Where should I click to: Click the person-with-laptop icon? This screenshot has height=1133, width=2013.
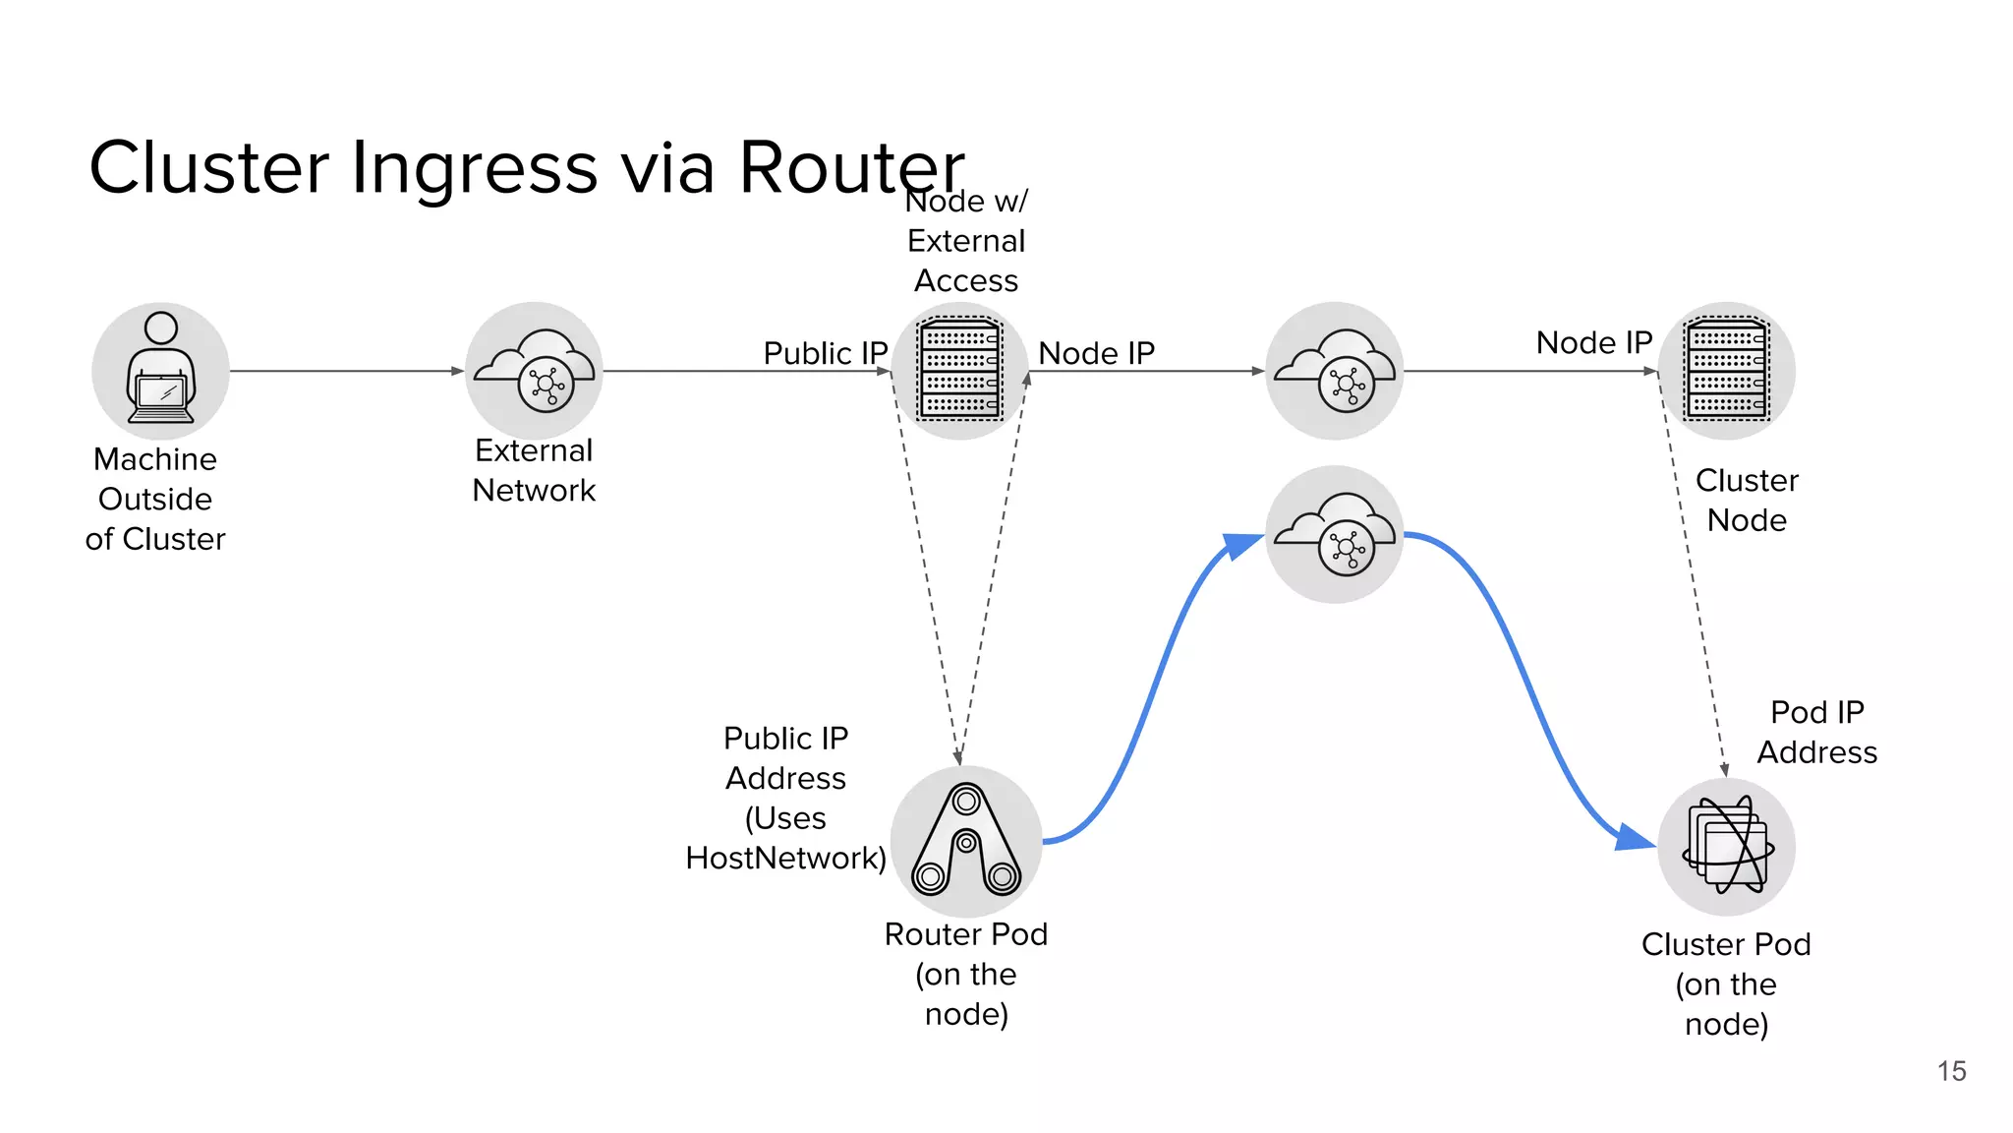pos(160,371)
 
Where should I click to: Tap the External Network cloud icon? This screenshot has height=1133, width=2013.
pos(534,371)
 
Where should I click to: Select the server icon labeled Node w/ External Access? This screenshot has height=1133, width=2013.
pos(960,371)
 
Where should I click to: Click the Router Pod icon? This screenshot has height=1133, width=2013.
pos(966,842)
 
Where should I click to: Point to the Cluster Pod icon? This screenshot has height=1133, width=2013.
pos(1727,847)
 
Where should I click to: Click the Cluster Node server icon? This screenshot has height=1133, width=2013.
pos(1727,371)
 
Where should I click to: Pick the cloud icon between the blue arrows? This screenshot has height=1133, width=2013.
pos(1334,534)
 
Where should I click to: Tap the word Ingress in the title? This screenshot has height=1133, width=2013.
pos(474,167)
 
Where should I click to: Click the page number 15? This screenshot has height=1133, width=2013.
pos(1951,1071)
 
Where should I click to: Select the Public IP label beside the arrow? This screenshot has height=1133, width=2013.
pos(825,353)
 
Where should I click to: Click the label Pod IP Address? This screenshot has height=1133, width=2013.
pos(1816,732)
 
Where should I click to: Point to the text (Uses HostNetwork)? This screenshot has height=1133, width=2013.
pos(785,838)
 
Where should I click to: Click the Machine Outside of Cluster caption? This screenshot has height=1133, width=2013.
pos(155,499)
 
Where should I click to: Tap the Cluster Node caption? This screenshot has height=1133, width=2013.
pos(1747,500)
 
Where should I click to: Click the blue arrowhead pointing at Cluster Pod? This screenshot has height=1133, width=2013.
pos(1633,837)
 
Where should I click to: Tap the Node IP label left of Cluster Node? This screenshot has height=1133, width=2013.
pos(1593,342)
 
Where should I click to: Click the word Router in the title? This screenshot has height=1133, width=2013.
pos(851,167)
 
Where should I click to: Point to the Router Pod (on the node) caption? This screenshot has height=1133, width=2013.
pos(966,974)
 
